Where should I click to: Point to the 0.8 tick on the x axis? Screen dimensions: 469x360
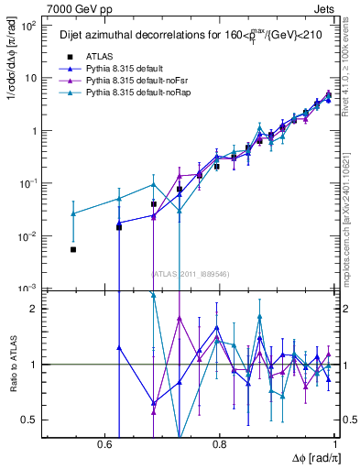(x=219, y=443)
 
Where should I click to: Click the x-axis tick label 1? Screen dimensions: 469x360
(x=336, y=443)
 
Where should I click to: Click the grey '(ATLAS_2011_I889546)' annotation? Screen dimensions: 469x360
(x=191, y=273)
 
